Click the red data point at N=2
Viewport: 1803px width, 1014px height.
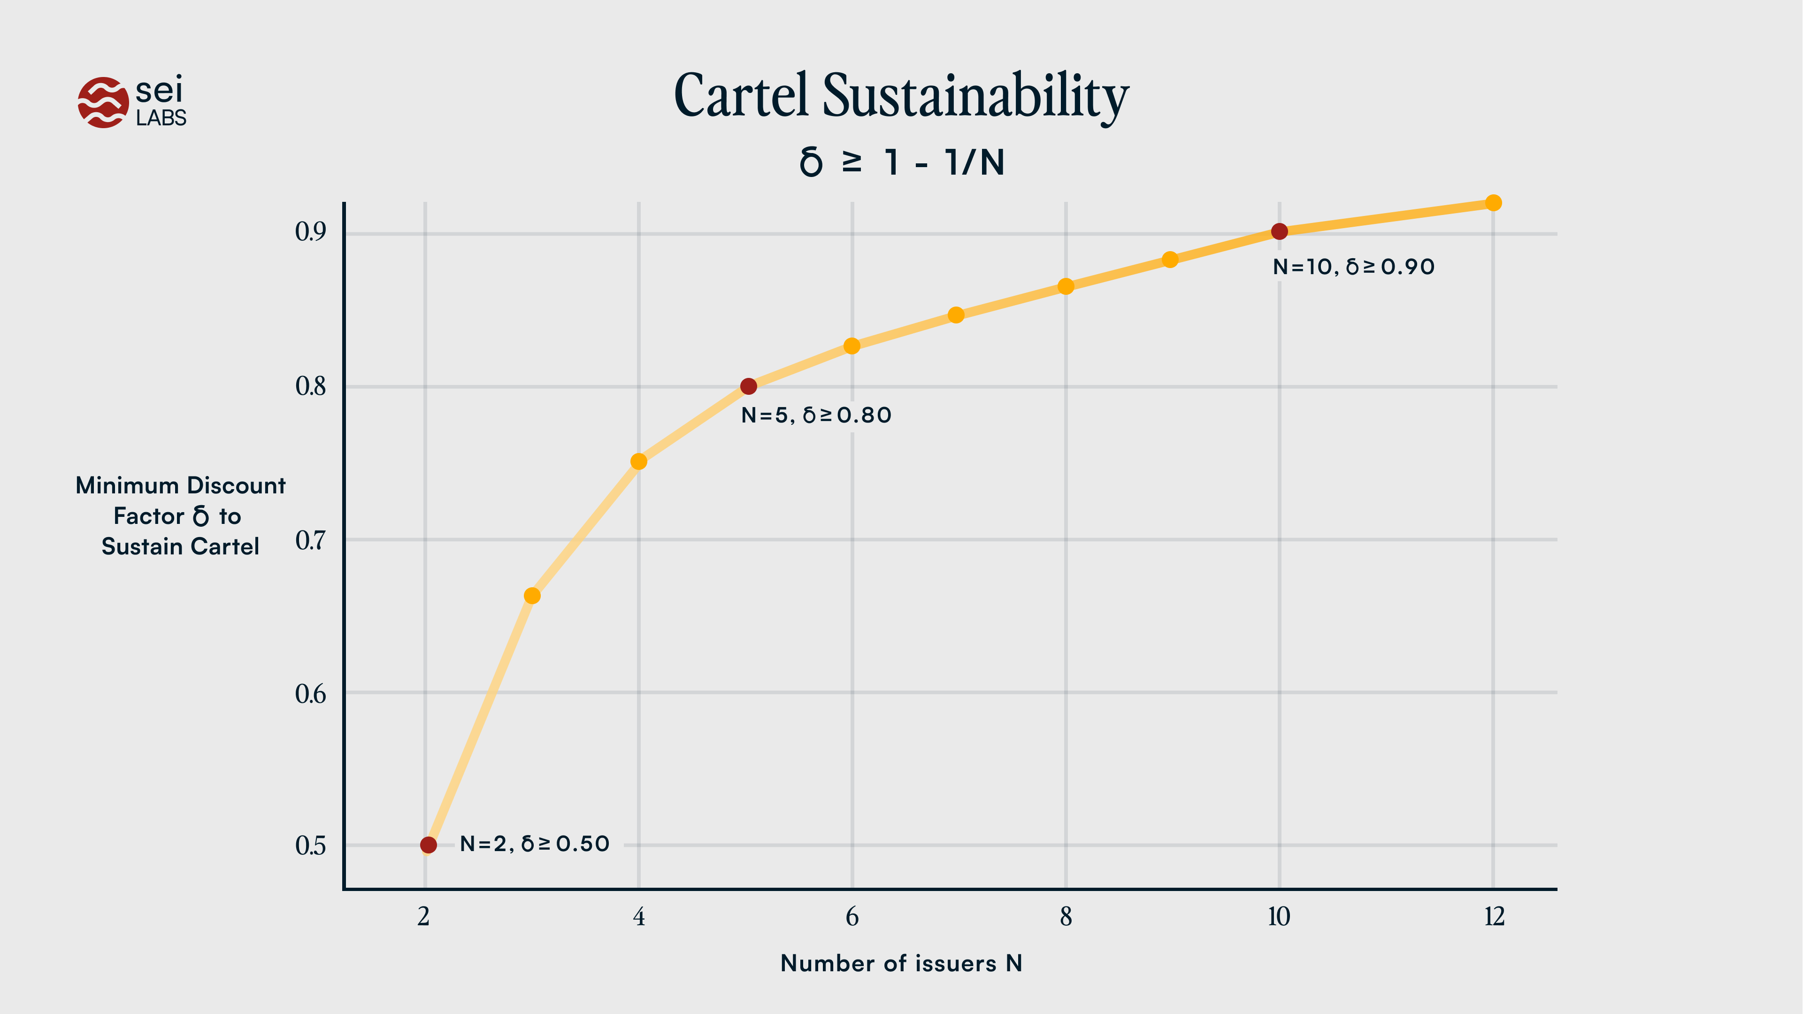click(429, 845)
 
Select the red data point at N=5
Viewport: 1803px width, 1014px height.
click(748, 386)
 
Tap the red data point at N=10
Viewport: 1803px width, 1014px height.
click(1279, 231)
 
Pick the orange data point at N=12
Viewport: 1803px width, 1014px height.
click(1493, 203)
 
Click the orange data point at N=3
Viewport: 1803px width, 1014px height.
click(532, 596)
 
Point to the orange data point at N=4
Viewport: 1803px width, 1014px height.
click(638, 461)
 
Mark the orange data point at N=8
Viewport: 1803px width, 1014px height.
click(1065, 286)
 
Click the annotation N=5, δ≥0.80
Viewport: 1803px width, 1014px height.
click(816, 415)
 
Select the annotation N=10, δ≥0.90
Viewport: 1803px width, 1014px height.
click(1353, 267)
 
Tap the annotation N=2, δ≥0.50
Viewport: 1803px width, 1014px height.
click(534, 844)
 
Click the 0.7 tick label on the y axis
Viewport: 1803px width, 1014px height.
click(310, 540)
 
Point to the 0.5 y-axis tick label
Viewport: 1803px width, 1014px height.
click(310, 845)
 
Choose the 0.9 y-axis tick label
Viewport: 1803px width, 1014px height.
click(310, 231)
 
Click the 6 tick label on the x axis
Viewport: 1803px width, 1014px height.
click(852, 917)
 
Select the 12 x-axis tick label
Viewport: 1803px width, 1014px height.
click(1494, 917)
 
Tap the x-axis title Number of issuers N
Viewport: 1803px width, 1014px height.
click(901, 964)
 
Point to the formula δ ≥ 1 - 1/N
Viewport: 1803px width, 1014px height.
click(901, 162)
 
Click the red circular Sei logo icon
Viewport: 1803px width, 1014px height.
click(103, 103)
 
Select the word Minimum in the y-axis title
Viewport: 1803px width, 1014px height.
click(127, 486)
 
